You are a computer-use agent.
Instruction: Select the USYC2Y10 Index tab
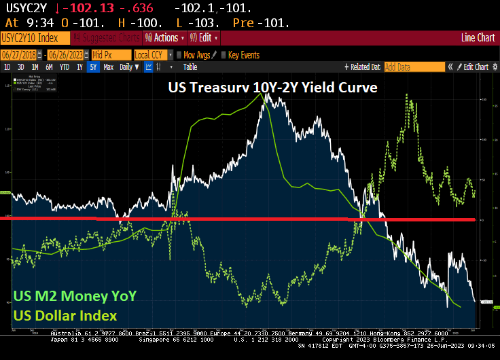click(35, 37)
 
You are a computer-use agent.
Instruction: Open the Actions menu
click(160, 37)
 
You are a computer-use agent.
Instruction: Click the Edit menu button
click(204, 37)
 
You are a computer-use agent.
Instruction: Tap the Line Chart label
click(478, 37)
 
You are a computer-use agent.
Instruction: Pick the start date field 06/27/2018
click(20, 54)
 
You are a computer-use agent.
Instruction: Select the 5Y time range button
click(93, 67)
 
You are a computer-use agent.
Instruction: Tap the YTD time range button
click(65, 67)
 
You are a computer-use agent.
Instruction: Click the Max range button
click(108, 67)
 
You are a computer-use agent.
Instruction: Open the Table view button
click(190, 67)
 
